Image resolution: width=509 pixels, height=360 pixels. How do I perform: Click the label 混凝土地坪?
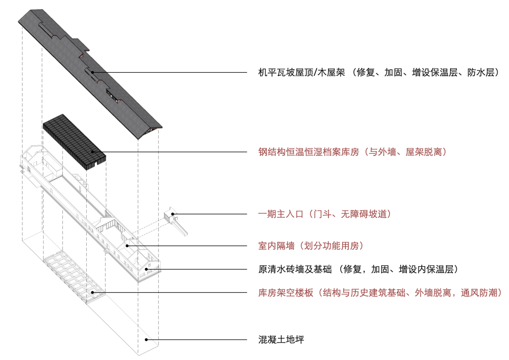[x=281, y=339]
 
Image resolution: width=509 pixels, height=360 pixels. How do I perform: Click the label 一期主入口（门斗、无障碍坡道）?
[x=325, y=214]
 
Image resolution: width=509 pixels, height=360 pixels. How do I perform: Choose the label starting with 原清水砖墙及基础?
[x=358, y=270]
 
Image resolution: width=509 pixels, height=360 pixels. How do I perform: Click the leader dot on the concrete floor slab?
[x=147, y=339]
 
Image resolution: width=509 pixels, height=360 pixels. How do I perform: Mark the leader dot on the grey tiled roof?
[x=93, y=72]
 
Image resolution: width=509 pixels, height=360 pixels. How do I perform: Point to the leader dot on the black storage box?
[x=93, y=152]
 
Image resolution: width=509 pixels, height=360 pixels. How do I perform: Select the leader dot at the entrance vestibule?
[x=173, y=214]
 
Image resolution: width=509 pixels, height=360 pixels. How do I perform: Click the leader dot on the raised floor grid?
[x=93, y=293]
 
